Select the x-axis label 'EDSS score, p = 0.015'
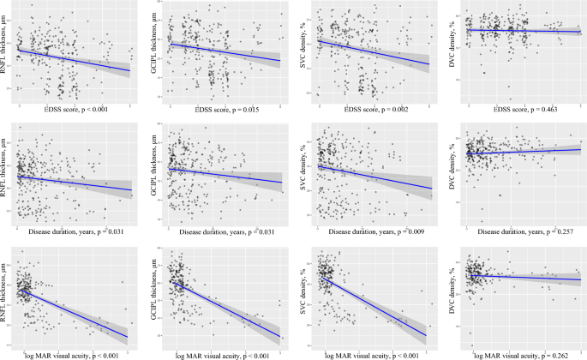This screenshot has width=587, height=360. point(225,107)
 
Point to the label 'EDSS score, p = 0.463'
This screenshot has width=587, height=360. point(524,107)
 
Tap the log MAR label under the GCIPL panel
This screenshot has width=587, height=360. point(225,354)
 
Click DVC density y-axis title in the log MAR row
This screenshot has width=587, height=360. point(454,296)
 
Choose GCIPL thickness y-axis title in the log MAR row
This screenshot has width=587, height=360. point(155,296)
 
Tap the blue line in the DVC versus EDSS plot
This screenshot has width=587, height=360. point(523,31)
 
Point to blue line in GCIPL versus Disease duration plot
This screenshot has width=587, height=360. point(225,175)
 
